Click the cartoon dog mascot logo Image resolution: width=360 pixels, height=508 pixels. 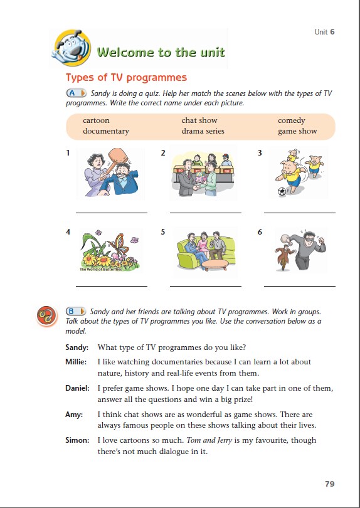tap(72, 48)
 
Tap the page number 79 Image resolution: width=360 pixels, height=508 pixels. tap(329, 484)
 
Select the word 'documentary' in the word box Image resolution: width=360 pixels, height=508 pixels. tap(106, 131)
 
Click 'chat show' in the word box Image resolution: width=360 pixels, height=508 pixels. tap(199, 120)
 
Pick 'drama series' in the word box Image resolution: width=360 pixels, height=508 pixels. tap(203, 131)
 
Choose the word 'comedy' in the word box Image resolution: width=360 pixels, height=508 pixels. tap(291, 120)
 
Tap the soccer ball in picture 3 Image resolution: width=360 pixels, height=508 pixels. tap(282, 191)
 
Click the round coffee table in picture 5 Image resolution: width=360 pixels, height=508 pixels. tap(215, 265)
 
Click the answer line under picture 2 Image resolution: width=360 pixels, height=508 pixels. tap(206, 213)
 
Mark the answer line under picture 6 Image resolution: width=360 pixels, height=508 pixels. tap(300, 286)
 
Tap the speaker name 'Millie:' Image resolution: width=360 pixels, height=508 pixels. tap(76, 362)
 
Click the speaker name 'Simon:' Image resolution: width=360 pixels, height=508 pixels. tap(77, 440)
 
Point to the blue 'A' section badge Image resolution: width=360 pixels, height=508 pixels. tap(76, 93)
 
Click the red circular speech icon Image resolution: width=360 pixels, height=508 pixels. tap(46, 315)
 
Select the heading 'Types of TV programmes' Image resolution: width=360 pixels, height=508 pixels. tap(126, 78)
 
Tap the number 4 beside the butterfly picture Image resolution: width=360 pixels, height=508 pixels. tap(68, 232)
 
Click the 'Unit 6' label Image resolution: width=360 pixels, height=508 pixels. tap(324, 32)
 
